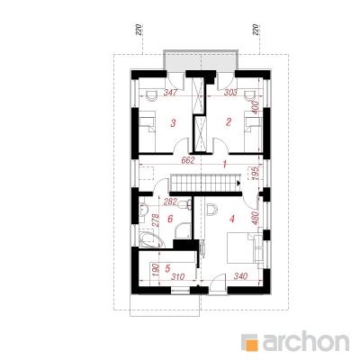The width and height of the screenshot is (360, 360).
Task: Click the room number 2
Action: pos(229,121)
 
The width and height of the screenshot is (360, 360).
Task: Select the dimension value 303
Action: pos(229,93)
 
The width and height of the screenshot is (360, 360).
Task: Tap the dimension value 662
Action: pos(188,159)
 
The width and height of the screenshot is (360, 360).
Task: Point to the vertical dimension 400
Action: pos(255,106)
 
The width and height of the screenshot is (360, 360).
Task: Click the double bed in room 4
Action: pos(243,245)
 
